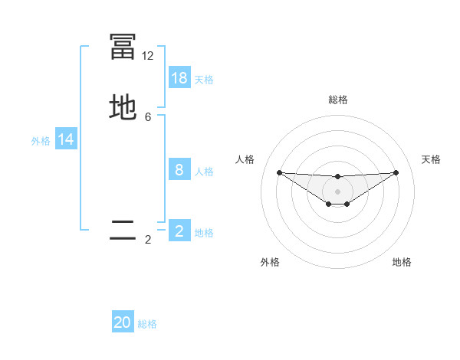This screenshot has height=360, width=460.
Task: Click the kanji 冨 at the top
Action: pyautogui.click(x=123, y=47)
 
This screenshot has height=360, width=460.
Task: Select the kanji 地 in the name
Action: pyautogui.click(x=123, y=108)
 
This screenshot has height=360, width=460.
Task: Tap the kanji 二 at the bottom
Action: pyautogui.click(x=123, y=231)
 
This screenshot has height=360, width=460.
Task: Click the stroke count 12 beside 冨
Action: pyautogui.click(x=148, y=56)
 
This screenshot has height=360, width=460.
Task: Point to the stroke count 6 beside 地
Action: pyautogui.click(x=148, y=117)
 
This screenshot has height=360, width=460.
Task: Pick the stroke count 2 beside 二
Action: pyautogui.click(x=148, y=240)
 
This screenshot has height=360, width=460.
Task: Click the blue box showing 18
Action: pyautogui.click(x=179, y=78)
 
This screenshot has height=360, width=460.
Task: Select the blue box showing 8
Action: pyautogui.click(x=179, y=170)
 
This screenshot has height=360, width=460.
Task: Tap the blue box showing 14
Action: pyautogui.click(x=66, y=139)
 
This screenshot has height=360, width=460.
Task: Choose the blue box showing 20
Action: pyautogui.click(x=123, y=322)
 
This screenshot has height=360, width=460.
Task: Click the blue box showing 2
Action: pyautogui.click(x=179, y=231)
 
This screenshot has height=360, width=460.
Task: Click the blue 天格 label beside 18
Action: pyautogui.click(x=204, y=80)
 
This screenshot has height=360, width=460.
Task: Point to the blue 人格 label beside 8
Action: pyautogui.click(x=204, y=172)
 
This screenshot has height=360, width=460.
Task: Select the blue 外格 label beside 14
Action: pyautogui.click(x=41, y=141)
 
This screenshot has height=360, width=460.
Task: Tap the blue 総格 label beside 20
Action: pyautogui.click(x=147, y=324)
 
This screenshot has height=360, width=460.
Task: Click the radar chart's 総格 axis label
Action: pyautogui.click(x=337, y=100)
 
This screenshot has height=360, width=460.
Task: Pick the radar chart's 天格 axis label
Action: pyautogui.click(x=431, y=159)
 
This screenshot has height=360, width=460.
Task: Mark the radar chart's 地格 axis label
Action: pyautogui.click(x=402, y=262)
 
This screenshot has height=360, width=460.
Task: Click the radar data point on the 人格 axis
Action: pyautogui.click(x=279, y=172)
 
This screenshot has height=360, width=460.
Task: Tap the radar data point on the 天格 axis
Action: pyautogui.click(x=396, y=172)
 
